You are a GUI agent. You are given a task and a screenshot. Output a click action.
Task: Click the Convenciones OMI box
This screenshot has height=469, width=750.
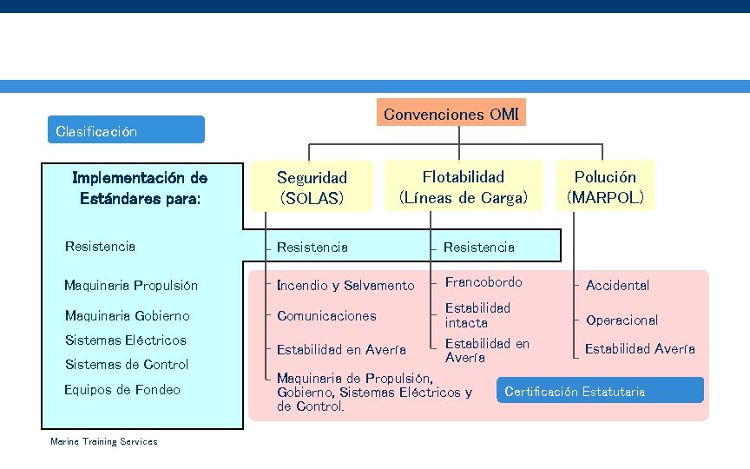pos(451,114)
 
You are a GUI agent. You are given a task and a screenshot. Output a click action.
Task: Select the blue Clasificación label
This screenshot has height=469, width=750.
pos(126,130)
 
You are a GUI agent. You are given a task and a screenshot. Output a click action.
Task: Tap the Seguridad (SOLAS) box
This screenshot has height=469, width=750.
pos(312,188)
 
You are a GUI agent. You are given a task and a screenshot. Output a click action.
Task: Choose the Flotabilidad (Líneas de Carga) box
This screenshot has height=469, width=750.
pos(463,187)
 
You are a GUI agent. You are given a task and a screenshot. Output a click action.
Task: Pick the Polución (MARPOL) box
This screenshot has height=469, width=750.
pos(605,187)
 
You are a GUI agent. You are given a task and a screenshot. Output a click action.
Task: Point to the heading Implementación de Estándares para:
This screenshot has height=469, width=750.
pos(140,188)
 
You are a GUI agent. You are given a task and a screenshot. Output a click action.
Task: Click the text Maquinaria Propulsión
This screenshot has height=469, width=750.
pos(131,286)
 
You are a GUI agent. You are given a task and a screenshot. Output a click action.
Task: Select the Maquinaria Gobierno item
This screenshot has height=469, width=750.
pos(127,315)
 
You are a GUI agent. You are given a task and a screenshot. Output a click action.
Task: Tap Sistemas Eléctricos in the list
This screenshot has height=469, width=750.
pos(125,340)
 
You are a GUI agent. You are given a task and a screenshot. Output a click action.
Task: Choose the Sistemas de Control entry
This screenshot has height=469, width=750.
pos(126,364)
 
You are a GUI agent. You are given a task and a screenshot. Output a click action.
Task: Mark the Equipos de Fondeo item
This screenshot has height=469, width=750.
pos(122,390)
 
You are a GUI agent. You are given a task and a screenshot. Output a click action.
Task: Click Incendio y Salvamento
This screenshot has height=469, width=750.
pos(345,286)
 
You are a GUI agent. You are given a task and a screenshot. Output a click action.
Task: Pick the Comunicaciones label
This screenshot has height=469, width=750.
pos(326,316)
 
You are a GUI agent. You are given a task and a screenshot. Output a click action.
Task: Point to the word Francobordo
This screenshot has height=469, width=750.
pos(484,282)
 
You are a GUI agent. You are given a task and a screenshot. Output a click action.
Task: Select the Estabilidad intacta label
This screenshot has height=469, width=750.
pos(477,315)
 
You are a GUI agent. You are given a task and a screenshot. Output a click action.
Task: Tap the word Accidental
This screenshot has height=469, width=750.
pos(617,286)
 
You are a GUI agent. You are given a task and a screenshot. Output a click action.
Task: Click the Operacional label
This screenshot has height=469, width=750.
pos(622,320)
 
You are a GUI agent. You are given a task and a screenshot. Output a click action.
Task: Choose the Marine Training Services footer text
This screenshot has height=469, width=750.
pos(104,442)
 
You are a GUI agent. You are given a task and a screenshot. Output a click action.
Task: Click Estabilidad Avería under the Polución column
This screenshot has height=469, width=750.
pos(640,349)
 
